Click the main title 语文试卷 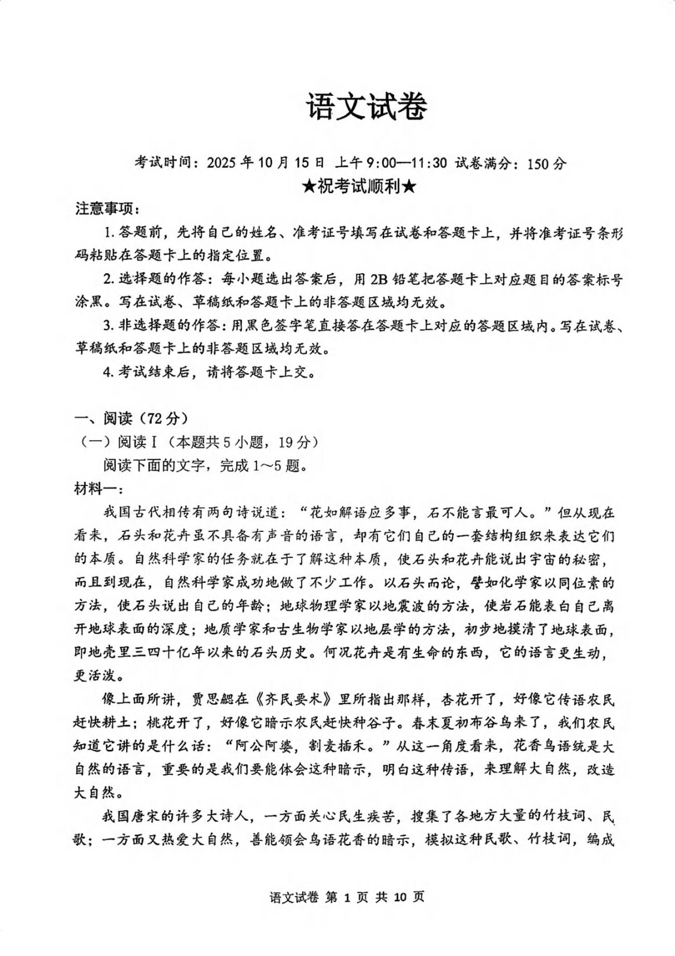(367, 107)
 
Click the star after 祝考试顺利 (409, 186)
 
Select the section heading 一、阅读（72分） (131, 419)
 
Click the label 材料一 (95, 489)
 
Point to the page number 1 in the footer (347, 896)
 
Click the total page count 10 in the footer (400, 896)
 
